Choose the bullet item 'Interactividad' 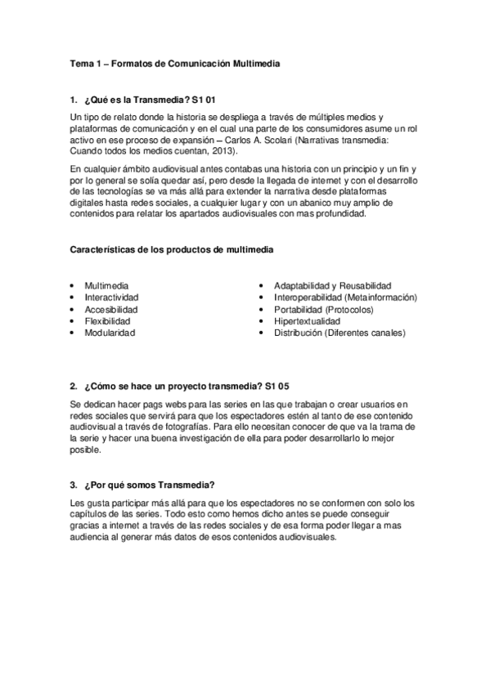coord(111,297)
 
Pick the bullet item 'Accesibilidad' coord(111,310)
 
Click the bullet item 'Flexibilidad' coord(107,321)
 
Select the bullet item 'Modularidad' coord(110,333)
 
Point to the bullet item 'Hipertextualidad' coord(307,321)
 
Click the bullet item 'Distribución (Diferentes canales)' coord(339,333)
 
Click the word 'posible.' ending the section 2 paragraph coord(87,449)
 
